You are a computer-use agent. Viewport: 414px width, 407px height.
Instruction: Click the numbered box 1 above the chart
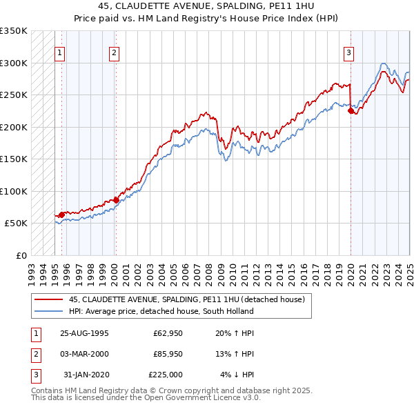[x=59, y=52]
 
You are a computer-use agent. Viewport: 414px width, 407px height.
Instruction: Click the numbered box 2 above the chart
[x=114, y=52]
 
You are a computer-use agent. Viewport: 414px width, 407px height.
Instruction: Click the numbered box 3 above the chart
[x=349, y=52]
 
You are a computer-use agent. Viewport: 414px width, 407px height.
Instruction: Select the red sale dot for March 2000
[x=115, y=200]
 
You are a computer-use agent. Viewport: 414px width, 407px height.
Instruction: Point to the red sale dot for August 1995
[x=62, y=215]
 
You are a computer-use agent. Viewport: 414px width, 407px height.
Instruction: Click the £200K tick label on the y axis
[x=14, y=127]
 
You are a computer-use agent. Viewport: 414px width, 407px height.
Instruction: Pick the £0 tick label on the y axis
[x=21, y=255]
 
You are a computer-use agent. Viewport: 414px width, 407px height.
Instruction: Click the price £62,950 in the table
[x=167, y=333]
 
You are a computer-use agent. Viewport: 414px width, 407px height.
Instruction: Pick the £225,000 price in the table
[x=166, y=375]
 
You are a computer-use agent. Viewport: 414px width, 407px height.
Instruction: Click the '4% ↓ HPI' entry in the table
[x=237, y=375]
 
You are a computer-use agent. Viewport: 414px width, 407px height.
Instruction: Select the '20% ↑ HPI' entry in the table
[x=235, y=333]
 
